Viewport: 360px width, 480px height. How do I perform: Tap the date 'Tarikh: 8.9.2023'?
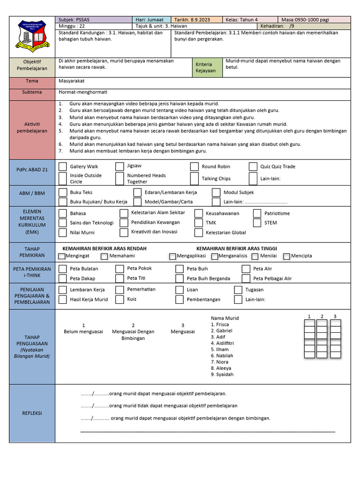(x=192, y=20)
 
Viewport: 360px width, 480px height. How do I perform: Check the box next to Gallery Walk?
(x=62, y=166)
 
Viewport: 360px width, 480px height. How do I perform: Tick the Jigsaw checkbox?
(x=120, y=166)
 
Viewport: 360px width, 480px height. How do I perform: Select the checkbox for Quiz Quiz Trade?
(x=253, y=166)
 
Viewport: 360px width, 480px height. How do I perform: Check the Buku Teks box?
(x=62, y=192)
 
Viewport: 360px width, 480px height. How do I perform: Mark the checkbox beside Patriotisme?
(x=256, y=213)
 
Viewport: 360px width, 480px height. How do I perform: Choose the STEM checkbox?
(x=256, y=223)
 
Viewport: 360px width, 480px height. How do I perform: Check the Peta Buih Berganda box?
(x=179, y=278)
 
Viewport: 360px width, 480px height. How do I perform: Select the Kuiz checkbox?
(x=120, y=299)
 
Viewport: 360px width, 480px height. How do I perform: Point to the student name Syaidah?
(x=222, y=375)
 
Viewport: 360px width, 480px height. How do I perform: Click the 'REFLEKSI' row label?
(x=32, y=413)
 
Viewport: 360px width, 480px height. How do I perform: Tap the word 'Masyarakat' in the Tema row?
(x=72, y=81)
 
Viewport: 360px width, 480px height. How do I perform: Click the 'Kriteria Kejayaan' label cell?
(x=204, y=67)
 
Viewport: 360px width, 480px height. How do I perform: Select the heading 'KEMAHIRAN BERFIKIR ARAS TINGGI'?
(x=236, y=248)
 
